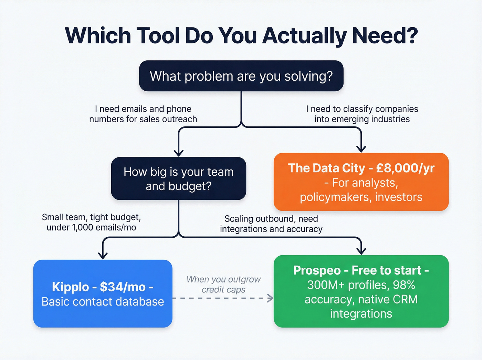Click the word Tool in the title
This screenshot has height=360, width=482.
click(x=158, y=35)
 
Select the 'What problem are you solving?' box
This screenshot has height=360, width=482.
click(x=241, y=76)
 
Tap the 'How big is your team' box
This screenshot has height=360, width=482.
click(x=178, y=178)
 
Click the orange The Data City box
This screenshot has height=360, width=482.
click(x=361, y=182)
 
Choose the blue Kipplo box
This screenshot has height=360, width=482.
click(x=103, y=294)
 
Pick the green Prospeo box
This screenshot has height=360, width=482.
click(x=361, y=291)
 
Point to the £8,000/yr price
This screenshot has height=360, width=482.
click(x=405, y=168)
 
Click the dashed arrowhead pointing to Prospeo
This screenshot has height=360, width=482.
click(x=270, y=298)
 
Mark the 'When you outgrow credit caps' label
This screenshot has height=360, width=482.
click(x=223, y=284)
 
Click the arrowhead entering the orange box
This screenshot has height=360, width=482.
click(x=361, y=148)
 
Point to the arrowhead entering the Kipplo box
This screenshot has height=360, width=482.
click(x=103, y=255)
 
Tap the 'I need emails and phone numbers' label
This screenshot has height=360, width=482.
click(x=143, y=114)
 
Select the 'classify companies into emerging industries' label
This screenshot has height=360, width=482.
click(x=362, y=114)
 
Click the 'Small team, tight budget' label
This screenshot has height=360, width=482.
click(x=91, y=222)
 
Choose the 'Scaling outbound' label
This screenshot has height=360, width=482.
click(x=271, y=224)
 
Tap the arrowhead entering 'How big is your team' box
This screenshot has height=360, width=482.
click(x=178, y=153)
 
